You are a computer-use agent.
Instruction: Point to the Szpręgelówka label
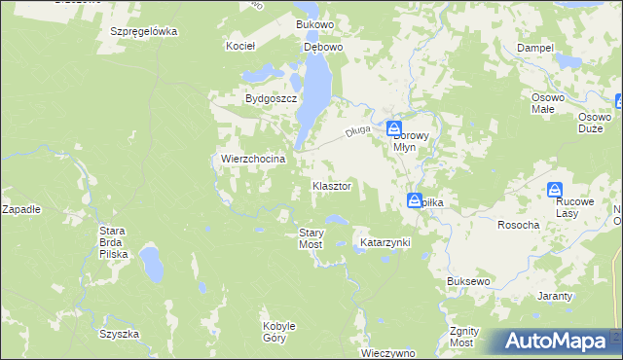[x=143, y=31]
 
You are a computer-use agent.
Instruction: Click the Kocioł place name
[x=240, y=46]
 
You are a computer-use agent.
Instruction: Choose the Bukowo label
[x=315, y=22]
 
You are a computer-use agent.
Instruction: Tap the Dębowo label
[x=322, y=46]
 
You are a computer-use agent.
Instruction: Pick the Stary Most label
[x=311, y=238]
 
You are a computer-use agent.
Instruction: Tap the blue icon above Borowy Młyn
[x=393, y=127]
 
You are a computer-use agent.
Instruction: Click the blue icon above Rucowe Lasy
[x=555, y=189]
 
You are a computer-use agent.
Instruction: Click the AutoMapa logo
[x=552, y=342]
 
